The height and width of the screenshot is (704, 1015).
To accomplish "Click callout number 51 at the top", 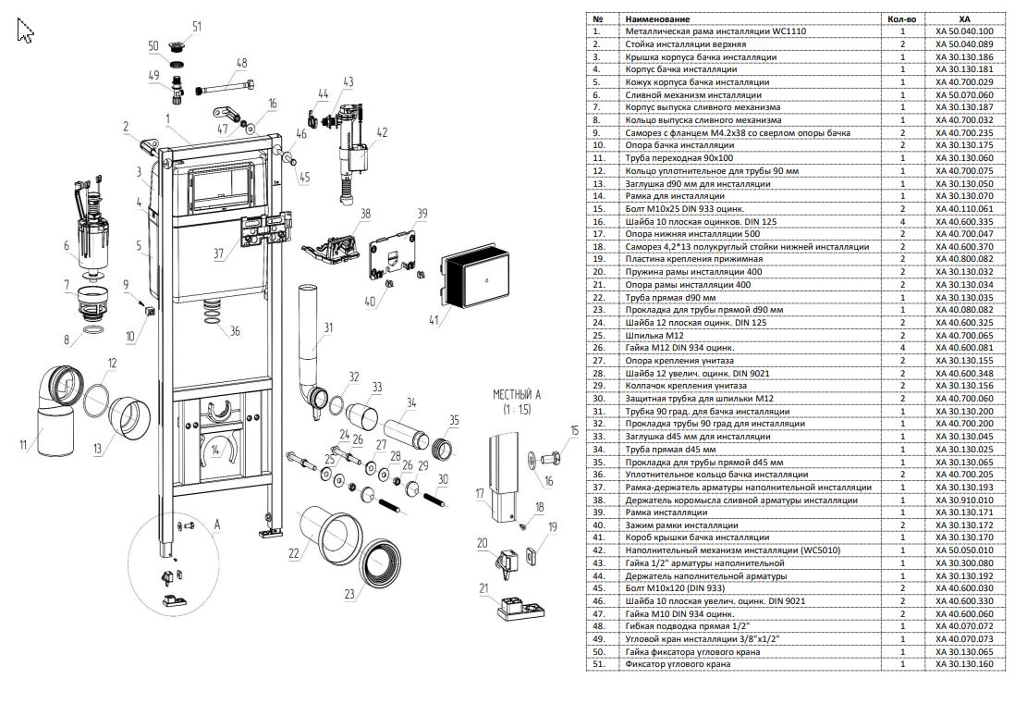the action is (x=197, y=27).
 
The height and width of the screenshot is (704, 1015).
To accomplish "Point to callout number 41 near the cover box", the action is (x=433, y=318).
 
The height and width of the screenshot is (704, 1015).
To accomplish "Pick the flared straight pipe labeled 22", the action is (x=329, y=530).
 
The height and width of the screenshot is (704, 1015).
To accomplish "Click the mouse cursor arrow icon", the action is (x=25, y=30).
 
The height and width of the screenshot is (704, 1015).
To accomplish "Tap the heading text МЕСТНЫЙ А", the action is (x=517, y=394).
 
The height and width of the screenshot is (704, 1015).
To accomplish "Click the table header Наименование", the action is (x=657, y=19).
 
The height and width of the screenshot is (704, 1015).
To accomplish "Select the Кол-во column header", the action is (x=902, y=19).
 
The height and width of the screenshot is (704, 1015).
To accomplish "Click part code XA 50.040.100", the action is (x=964, y=31).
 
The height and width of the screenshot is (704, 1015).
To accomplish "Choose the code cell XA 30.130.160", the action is (x=964, y=664).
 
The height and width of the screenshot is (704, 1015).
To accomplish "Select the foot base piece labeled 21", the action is (x=521, y=608).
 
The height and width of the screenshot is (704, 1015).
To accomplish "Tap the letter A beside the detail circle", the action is (x=217, y=525).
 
